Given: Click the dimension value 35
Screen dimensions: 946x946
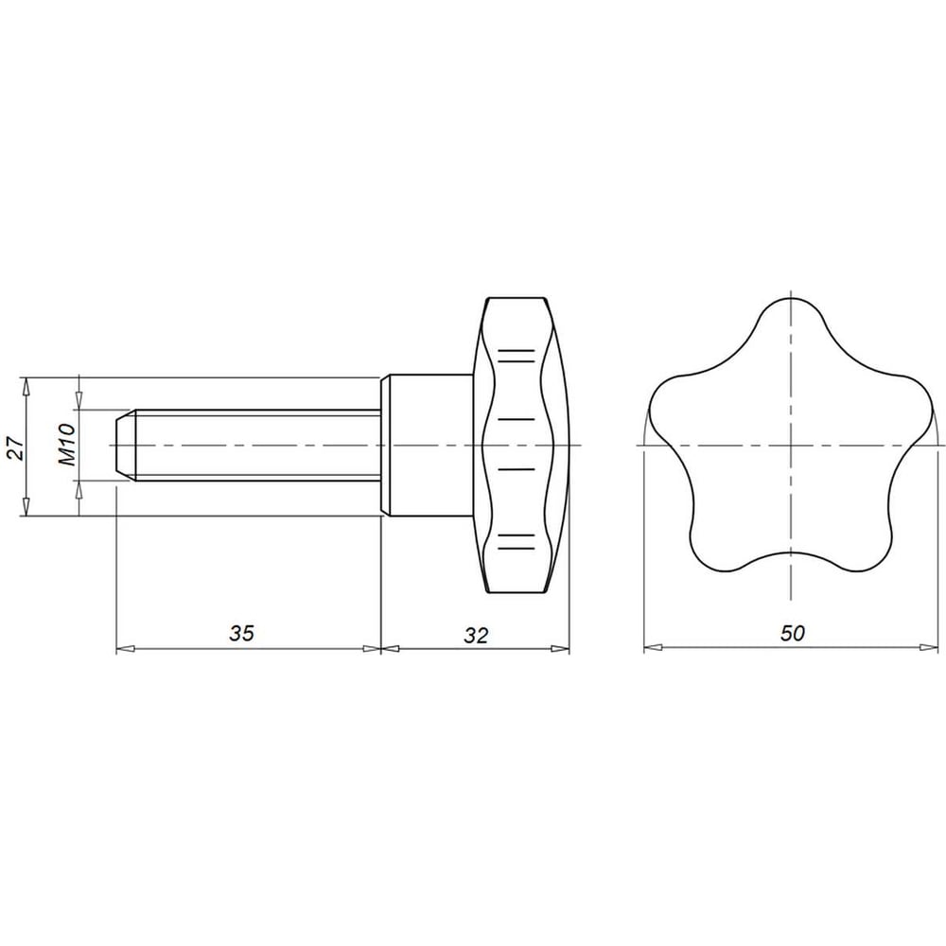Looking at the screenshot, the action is pos(242,633).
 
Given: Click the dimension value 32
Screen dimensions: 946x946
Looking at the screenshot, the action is pos(476,635).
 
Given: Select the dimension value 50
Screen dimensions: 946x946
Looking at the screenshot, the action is pos(792,633).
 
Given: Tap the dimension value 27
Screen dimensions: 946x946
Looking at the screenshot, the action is pos(16,447).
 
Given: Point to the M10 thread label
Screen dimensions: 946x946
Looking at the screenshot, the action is pos(67,445).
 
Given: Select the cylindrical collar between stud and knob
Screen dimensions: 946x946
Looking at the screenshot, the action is pos(427,446).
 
